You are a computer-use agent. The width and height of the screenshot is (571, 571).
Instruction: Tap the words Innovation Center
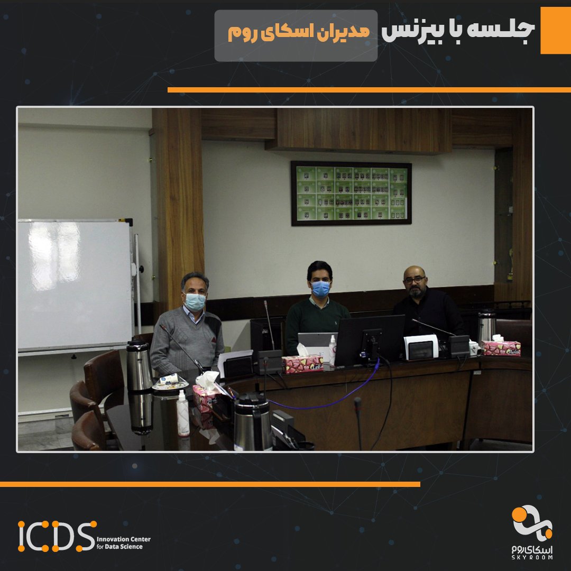[124, 539]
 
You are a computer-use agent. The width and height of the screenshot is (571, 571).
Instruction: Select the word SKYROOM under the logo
[532, 557]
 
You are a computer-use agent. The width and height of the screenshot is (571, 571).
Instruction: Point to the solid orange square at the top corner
[555, 30]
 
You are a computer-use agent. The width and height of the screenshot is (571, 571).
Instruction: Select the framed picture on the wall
[351, 193]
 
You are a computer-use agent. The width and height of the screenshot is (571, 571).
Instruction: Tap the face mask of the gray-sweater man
[195, 301]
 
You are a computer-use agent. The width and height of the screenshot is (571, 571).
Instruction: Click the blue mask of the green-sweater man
[320, 289]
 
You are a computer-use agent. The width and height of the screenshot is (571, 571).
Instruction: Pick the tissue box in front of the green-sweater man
[302, 364]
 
